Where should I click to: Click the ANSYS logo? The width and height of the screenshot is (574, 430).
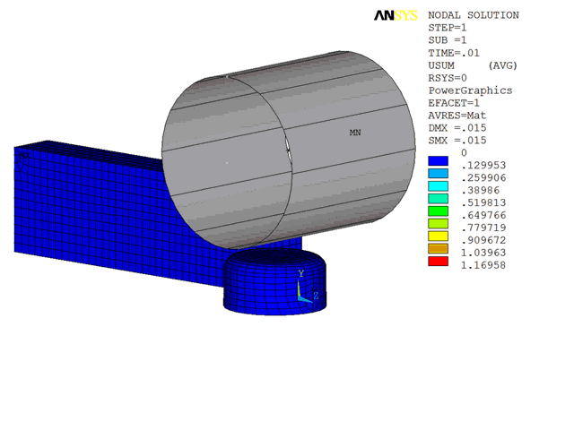395,15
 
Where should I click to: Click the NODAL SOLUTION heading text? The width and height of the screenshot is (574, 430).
474,15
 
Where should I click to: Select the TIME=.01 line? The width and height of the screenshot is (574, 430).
454,53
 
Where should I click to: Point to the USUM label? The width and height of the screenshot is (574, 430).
444,65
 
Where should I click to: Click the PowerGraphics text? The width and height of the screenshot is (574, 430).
470,90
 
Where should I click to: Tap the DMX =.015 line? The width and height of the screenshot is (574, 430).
457,128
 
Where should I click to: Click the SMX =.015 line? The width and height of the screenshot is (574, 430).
457,141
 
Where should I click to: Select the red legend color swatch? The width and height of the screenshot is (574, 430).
438,261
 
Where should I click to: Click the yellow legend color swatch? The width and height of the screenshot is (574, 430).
438,236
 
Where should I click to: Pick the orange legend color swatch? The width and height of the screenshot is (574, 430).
438,248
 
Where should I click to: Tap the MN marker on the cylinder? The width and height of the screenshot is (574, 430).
355,133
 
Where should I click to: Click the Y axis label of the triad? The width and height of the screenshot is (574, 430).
301,272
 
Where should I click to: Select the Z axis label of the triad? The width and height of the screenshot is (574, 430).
316,295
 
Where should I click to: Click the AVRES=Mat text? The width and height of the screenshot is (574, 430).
457,116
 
